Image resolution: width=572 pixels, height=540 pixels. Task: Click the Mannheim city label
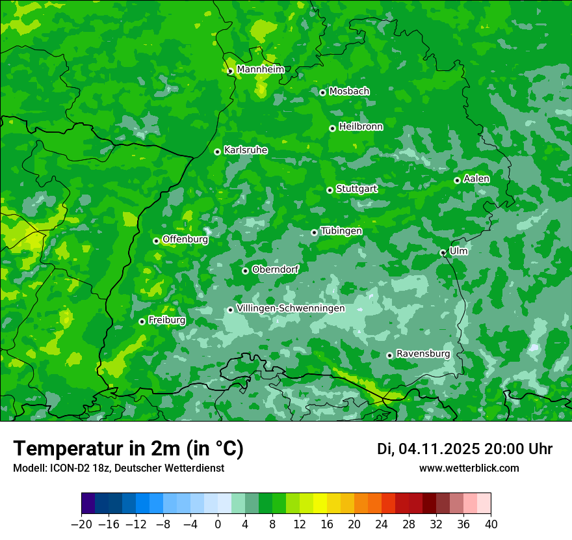[x=261, y=70]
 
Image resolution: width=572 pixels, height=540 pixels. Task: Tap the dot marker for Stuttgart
[x=330, y=190]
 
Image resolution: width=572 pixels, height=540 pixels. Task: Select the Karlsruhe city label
[x=246, y=150]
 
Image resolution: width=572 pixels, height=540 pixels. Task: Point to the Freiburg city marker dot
[x=142, y=321]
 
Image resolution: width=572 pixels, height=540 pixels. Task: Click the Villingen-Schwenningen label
[x=291, y=308]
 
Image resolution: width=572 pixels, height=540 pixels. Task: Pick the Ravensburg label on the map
[x=423, y=354]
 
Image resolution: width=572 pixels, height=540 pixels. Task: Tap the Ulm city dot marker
[x=443, y=252]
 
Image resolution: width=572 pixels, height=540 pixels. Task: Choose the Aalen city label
[x=476, y=179]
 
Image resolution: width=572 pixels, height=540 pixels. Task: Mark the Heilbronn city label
[x=361, y=127]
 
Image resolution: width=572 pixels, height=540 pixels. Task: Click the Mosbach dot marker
[x=322, y=92]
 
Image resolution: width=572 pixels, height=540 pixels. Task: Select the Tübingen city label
[x=341, y=231]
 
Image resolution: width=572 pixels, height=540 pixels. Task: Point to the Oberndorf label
[x=276, y=269]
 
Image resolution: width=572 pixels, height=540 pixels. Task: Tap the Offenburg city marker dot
[x=156, y=241]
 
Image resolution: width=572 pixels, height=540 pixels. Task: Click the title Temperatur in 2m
[x=128, y=449]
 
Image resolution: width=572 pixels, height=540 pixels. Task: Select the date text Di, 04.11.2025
[x=428, y=449]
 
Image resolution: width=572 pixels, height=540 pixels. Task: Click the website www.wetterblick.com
[x=469, y=468]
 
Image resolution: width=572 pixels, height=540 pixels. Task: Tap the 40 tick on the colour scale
[x=491, y=524]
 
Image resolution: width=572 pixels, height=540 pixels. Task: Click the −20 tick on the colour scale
[x=81, y=524]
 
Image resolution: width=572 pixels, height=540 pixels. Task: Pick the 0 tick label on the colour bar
[x=218, y=524]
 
